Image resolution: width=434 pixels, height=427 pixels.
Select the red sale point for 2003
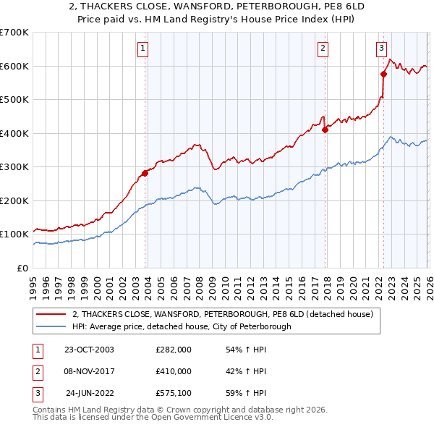click(x=145, y=173)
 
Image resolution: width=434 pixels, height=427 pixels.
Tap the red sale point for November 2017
click(x=325, y=130)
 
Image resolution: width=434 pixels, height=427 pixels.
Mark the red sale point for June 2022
click(x=383, y=74)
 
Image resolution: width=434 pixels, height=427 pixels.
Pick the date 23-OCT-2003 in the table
click(x=89, y=350)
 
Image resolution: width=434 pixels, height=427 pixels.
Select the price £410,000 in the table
click(x=174, y=371)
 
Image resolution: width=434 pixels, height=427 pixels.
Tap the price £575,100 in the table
click(x=174, y=393)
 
